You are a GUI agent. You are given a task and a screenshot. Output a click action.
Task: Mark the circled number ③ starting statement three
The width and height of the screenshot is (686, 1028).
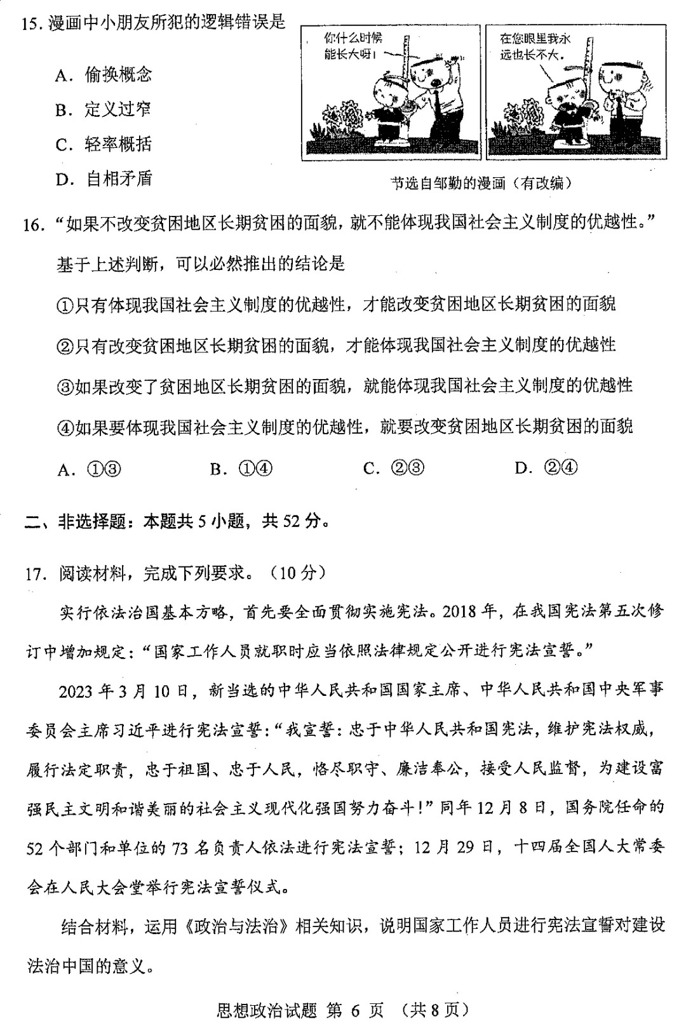pos(65,387)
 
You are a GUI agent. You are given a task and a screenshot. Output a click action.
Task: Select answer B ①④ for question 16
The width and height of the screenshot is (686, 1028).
pos(241,469)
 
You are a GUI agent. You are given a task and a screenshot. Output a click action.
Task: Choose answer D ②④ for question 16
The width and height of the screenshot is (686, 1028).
pos(546,469)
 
